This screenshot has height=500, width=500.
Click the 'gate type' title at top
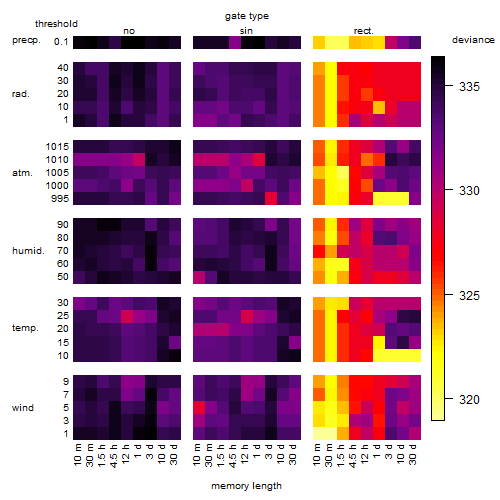pos(247,16)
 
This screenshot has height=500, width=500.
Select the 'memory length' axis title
pos(246,486)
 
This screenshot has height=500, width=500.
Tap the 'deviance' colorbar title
pos(473,40)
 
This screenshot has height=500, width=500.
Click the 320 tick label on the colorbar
pos(469,399)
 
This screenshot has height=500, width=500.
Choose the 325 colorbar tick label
pos(469,295)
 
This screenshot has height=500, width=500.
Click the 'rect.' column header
pos(364,31)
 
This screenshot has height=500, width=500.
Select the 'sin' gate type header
pos(246,31)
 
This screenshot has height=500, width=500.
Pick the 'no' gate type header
pos(129,31)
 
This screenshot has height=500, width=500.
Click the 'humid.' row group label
pos(28,251)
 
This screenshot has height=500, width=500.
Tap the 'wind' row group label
pos(23,408)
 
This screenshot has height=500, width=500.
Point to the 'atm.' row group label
pos(22,173)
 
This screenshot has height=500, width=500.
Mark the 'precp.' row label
pos(26,40)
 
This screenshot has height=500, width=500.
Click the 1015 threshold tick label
pos(57,147)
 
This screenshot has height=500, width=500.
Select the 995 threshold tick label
pos(60,199)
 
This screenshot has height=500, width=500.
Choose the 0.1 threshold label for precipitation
pos(61,42)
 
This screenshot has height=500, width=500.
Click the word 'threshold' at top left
pos(56,24)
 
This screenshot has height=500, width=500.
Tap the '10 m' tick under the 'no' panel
pos(77,454)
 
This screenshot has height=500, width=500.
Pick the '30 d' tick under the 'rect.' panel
pos(413,454)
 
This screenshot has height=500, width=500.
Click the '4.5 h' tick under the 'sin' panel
pos(233,455)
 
